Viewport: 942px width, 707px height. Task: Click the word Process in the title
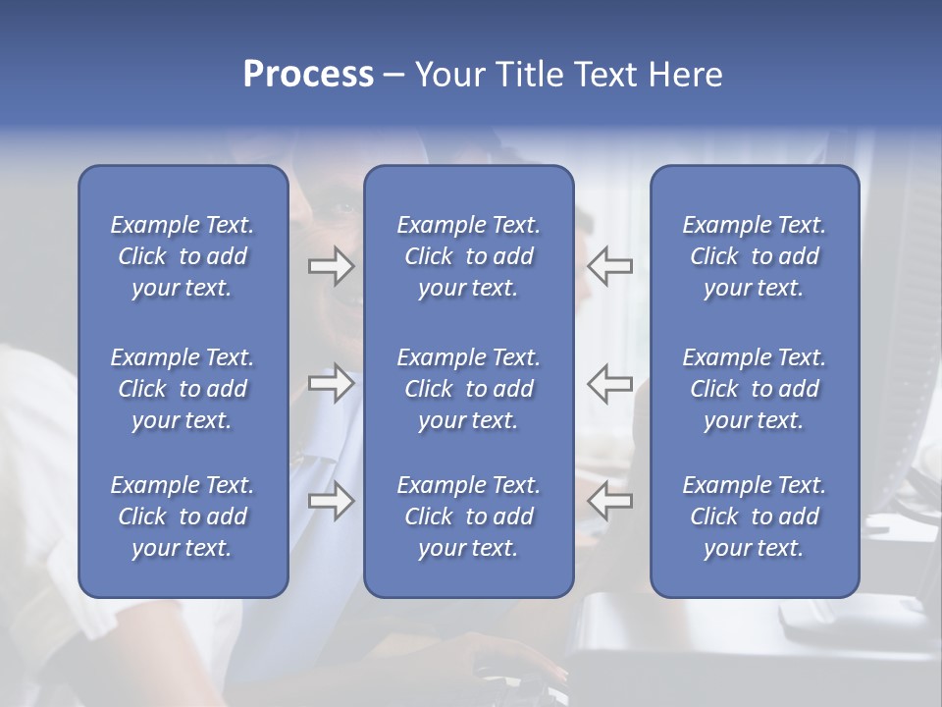(308, 75)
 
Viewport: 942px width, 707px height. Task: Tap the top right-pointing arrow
(331, 265)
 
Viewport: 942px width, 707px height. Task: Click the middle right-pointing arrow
(331, 384)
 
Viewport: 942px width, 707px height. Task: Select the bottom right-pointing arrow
(331, 501)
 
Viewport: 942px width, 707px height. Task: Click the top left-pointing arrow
(609, 265)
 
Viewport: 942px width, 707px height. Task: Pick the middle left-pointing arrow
(609, 384)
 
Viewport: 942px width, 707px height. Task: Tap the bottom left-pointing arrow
(609, 501)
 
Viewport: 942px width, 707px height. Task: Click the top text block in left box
(183, 256)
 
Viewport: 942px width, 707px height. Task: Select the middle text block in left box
(183, 389)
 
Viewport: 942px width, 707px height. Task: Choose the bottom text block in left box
(183, 517)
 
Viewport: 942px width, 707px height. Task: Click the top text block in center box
(468, 256)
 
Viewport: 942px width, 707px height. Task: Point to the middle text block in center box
(468, 389)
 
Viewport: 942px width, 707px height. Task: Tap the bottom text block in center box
(468, 517)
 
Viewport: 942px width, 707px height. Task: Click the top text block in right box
(754, 256)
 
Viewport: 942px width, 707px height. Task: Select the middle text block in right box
(754, 389)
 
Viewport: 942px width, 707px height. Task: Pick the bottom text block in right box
(754, 517)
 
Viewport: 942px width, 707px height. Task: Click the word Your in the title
(447, 75)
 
